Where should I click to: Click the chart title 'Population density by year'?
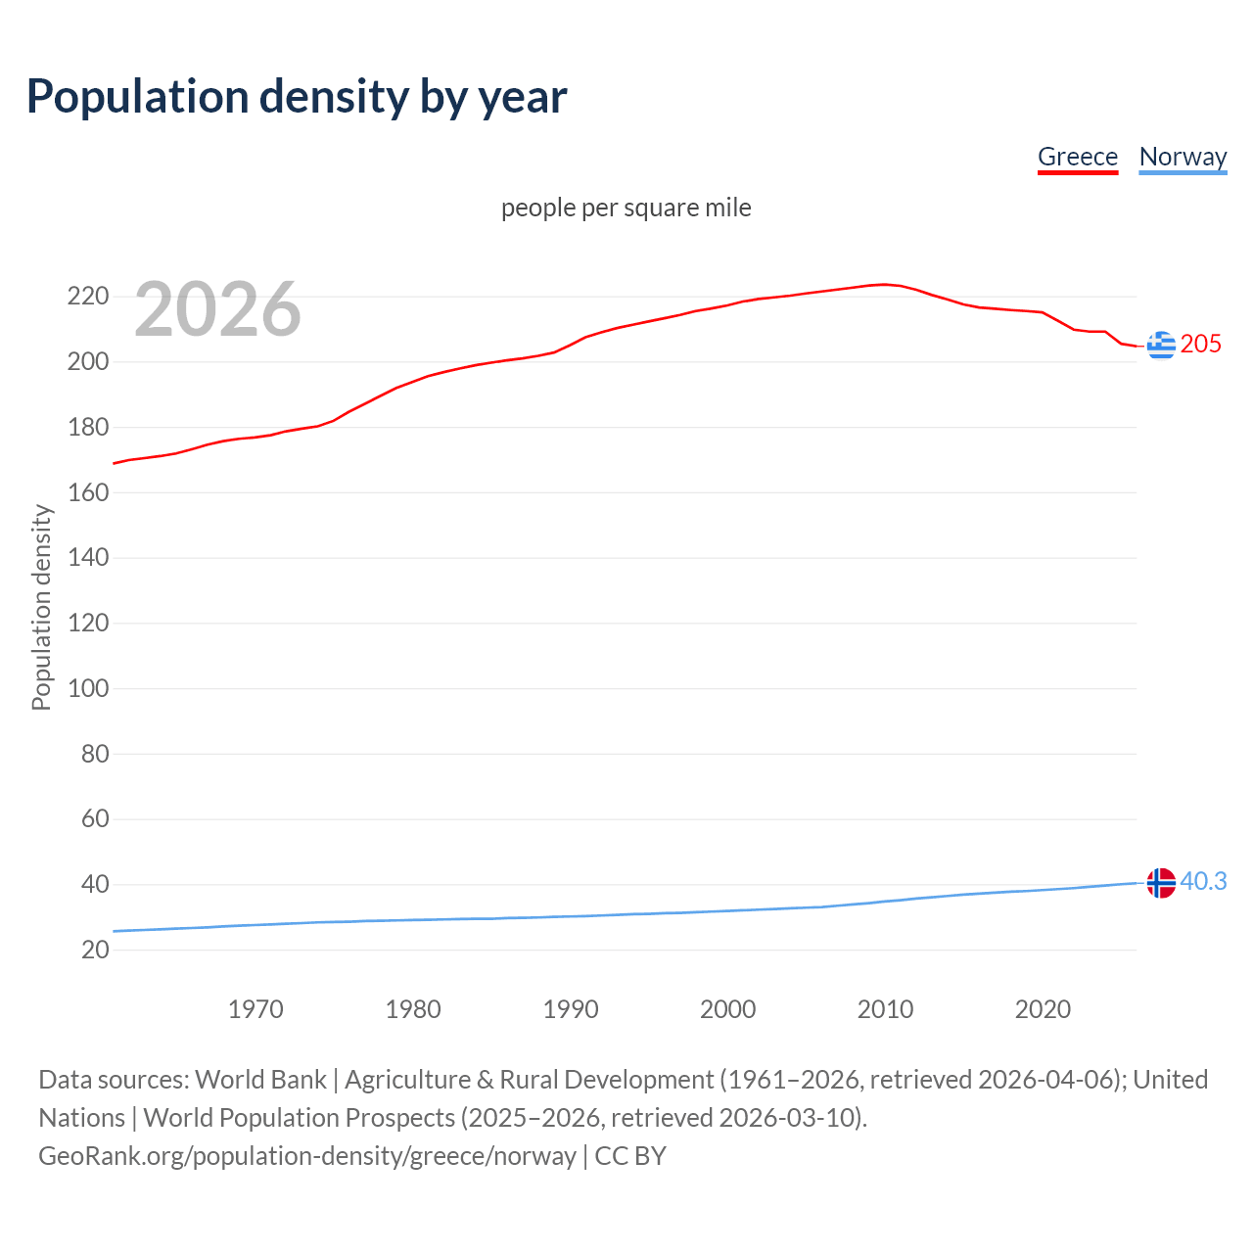[x=297, y=97]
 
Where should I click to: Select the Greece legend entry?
[x=1077, y=157]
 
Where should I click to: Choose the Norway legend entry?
[x=1183, y=157]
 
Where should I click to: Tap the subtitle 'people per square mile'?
[x=626, y=208]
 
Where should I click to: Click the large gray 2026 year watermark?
[x=217, y=309]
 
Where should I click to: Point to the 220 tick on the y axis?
[x=87, y=296]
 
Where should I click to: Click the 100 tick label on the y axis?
[x=87, y=688]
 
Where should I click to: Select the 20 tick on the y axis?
[x=94, y=950]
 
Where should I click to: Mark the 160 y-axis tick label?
[x=87, y=492]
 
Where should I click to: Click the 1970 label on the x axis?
[x=255, y=1009]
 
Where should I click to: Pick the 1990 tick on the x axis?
[x=571, y=1009]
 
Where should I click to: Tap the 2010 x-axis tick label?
[x=885, y=1009]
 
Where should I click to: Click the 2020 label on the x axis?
[x=1043, y=1009]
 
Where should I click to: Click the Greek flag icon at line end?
[x=1161, y=345]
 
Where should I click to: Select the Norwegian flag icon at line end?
[x=1161, y=883]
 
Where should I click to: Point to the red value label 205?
[x=1201, y=344]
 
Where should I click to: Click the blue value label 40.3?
[x=1203, y=882]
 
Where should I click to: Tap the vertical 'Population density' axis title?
[x=41, y=607]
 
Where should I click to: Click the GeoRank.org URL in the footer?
[x=307, y=1156]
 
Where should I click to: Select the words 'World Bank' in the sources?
[x=260, y=1080]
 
